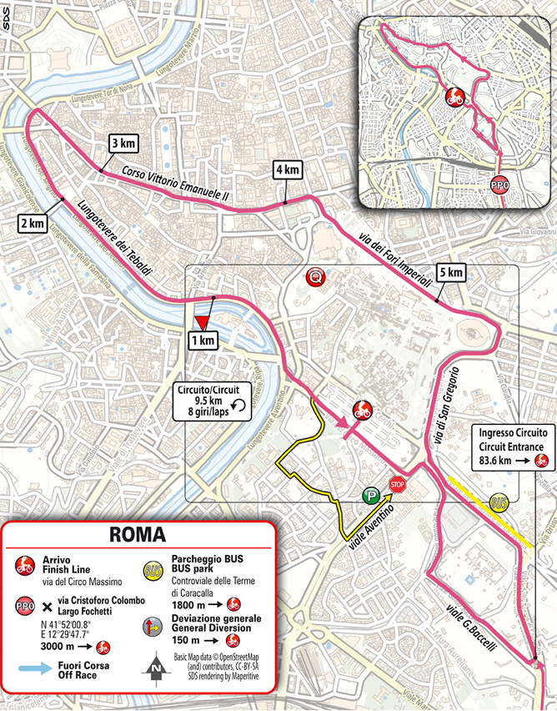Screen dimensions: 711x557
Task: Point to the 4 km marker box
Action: tap(285, 170)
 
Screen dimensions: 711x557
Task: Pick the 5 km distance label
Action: tap(448, 272)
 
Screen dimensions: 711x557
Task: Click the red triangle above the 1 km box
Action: tap(201, 322)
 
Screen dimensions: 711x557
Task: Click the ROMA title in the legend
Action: tap(138, 535)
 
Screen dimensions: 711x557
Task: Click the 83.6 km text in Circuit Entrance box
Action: tap(498, 461)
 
